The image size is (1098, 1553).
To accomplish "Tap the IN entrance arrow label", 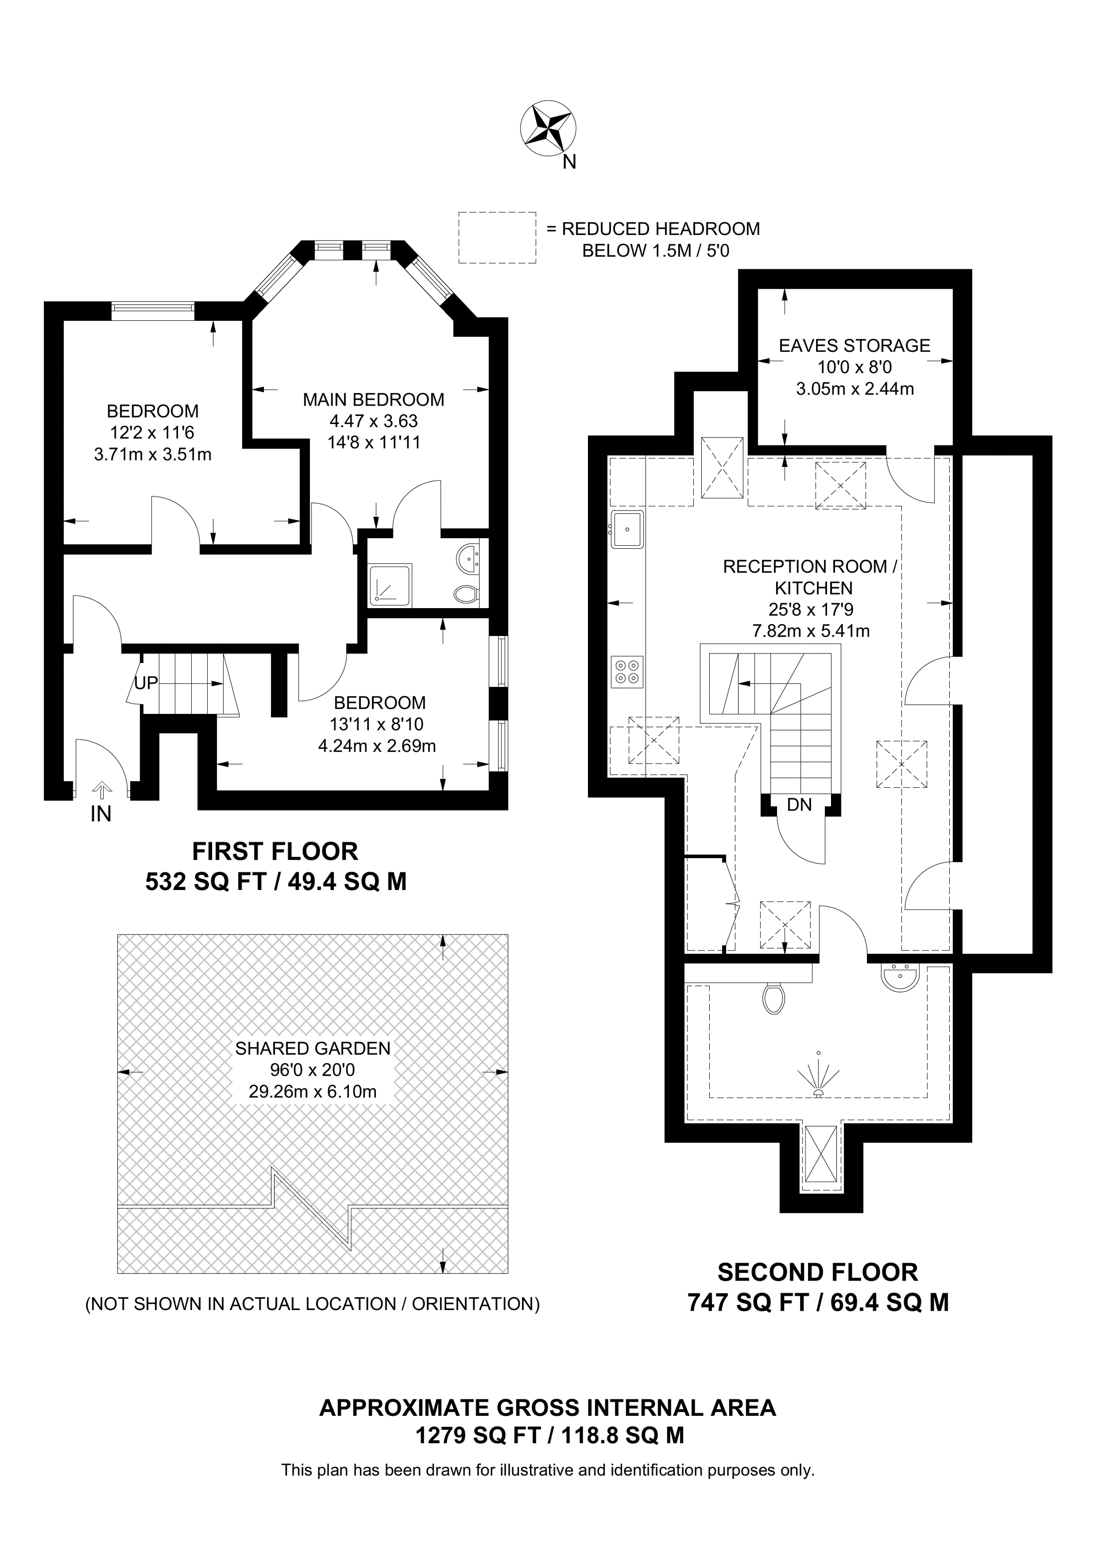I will [101, 814].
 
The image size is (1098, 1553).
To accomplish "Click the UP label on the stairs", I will [145, 683].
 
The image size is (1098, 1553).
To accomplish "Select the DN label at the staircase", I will [800, 805].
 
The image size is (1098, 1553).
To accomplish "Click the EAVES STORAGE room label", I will [854, 346].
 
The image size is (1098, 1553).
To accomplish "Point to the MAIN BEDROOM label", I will [373, 400].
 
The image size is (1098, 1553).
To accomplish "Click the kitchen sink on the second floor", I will [627, 529].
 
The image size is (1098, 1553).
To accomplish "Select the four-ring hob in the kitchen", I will [626, 671].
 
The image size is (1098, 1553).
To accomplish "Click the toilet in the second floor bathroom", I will [773, 998].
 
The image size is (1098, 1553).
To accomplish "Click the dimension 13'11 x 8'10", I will [376, 724].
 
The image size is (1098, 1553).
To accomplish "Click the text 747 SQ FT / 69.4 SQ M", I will [818, 1302].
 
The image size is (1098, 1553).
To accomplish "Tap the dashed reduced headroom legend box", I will [497, 237].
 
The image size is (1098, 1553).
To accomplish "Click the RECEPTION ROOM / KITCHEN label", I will [810, 577].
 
